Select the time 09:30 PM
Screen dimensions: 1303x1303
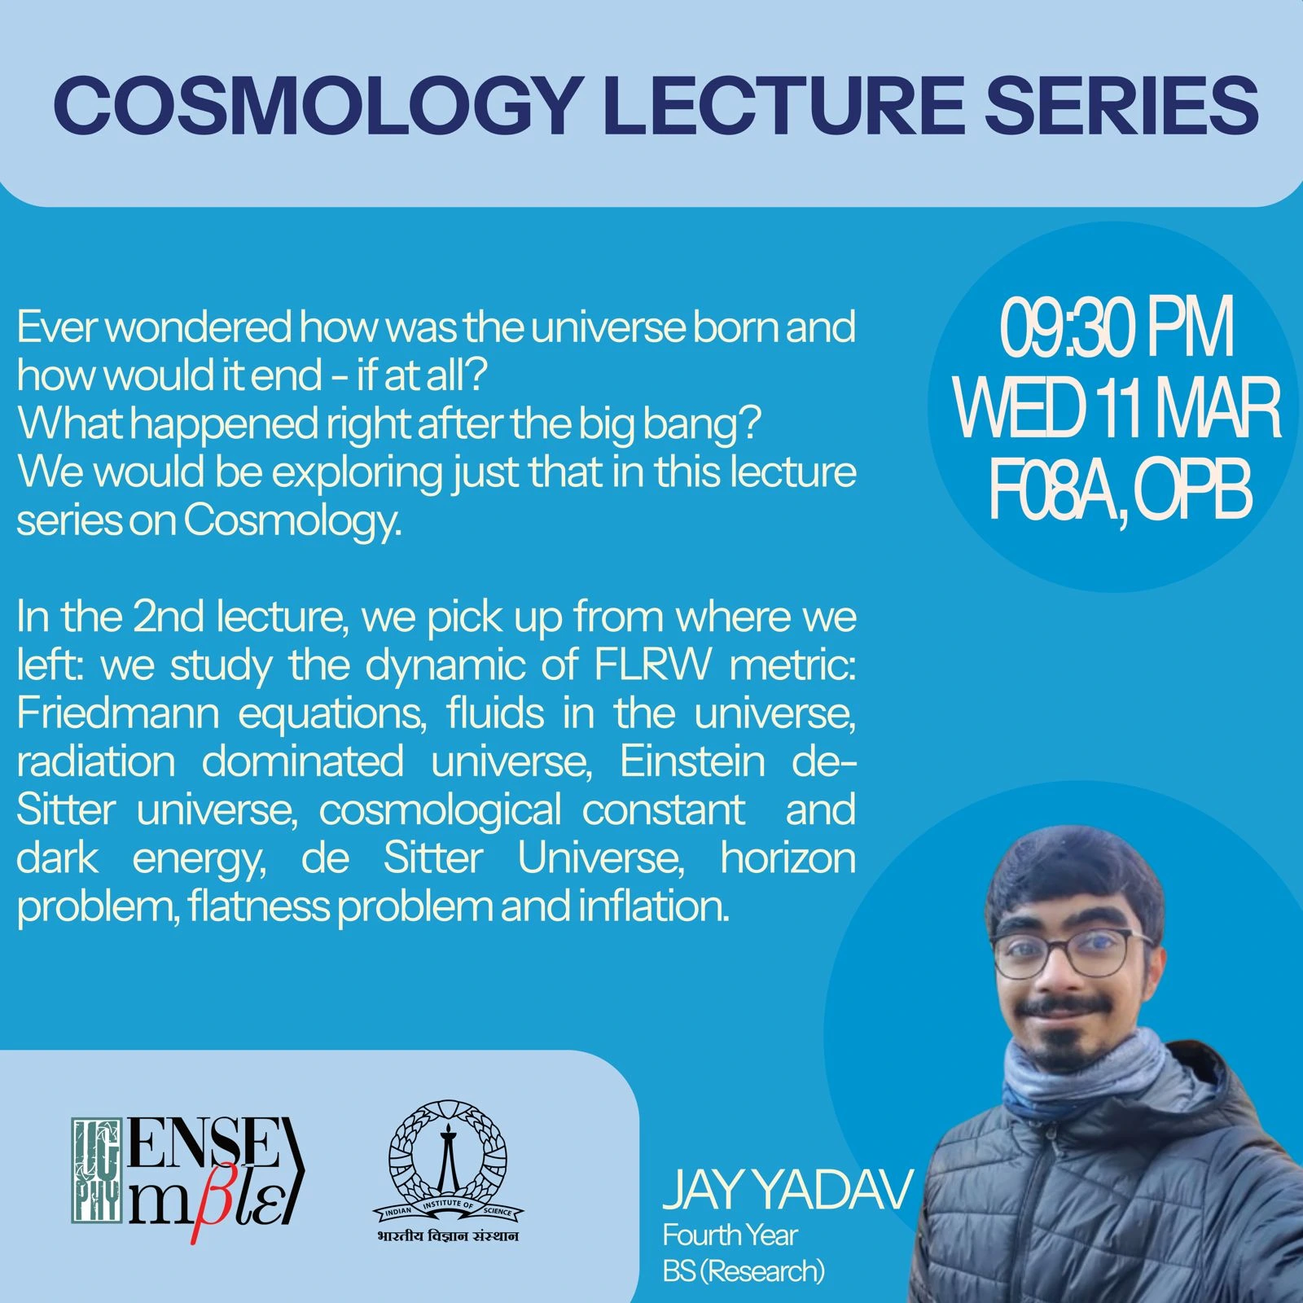tap(1117, 331)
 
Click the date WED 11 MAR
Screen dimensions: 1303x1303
tap(1117, 412)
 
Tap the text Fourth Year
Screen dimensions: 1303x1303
tap(730, 1235)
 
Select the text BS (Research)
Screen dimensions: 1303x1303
tap(744, 1270)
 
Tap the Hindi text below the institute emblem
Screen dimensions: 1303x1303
tap(448, 1235)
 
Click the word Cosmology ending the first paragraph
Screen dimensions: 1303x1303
tap(292, 522)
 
